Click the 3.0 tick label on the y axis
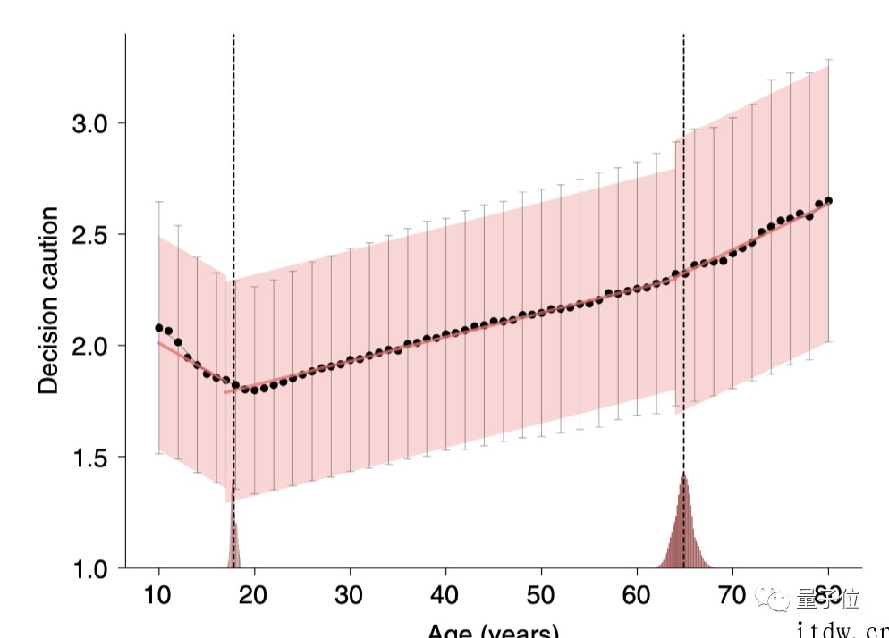coord(90,123)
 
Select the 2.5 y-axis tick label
coord(90,235)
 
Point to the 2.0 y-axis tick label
coord(90,346)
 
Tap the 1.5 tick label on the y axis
coord(90,458)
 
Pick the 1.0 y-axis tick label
coord(90,568)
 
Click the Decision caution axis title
coord(49,300)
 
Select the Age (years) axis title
coord(493,630)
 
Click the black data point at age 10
coord(159,328)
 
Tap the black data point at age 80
coord(828,200)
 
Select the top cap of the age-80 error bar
coord(828,60)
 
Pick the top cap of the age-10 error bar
coord(159,202)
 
